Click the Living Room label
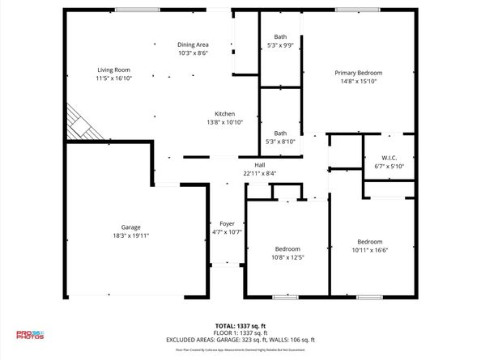coord(113,70)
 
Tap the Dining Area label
coord(194,44)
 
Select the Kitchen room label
coord(224,113)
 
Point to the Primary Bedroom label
coord(358,73)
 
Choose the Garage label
coord(131,227)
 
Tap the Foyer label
coord(227,223)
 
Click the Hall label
coord(260,164)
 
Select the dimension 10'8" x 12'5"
coord(287,257)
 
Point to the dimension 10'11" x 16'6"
coord(370,251)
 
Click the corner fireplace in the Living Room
coord(82,123)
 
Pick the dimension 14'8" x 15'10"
coord(358,82)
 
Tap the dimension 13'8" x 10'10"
coord(224,122)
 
